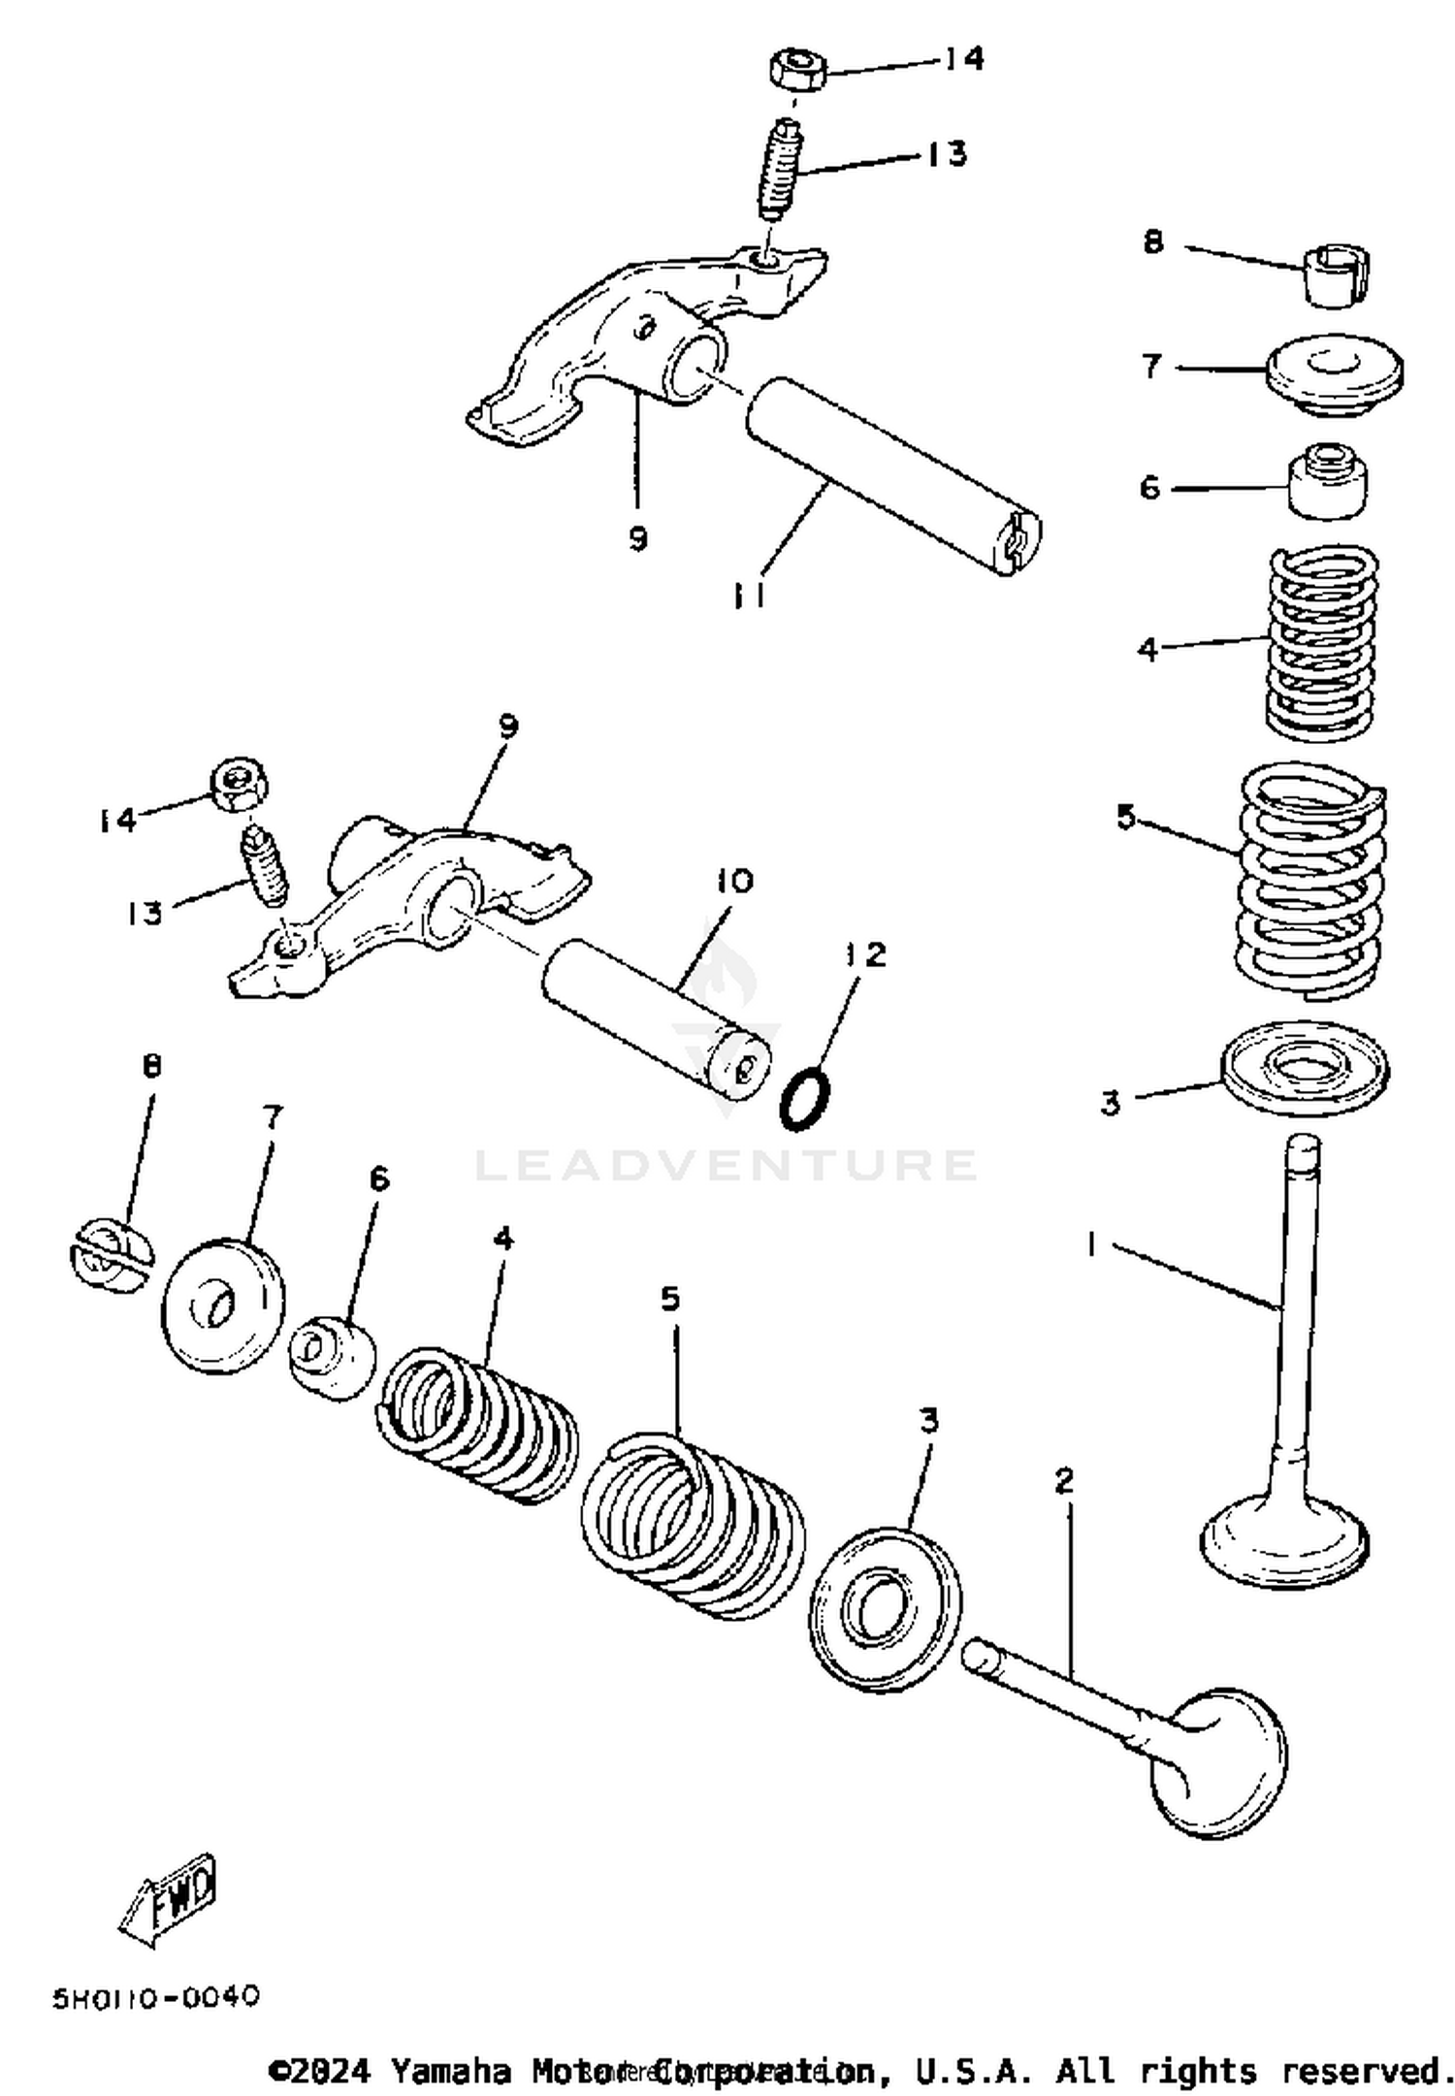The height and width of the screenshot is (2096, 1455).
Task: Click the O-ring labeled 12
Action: (x=804, y=1100)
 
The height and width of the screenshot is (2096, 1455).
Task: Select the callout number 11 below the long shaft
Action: (x=749, y=595)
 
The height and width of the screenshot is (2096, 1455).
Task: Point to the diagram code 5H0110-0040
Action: (x=156, y=1998)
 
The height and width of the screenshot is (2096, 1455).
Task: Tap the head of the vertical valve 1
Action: (x=1285, y=1540)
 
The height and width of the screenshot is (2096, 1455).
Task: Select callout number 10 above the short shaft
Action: (x=734, y=881)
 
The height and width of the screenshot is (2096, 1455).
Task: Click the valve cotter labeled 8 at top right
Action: (x=1337, y=274)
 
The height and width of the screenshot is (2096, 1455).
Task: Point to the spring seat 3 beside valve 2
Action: (x=885, y=1609)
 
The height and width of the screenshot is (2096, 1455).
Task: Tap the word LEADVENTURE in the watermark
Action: (x=726, y=1164)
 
